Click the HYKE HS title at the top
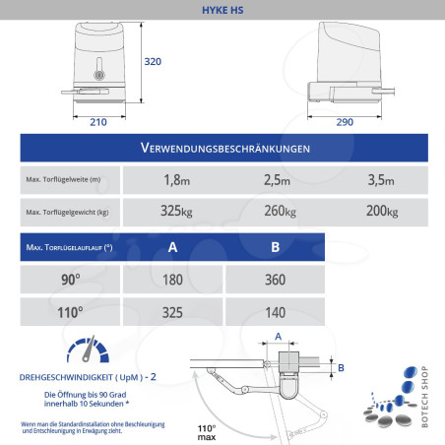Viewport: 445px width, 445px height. (x=222, y=9)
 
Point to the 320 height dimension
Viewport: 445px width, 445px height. (x=153, y=62)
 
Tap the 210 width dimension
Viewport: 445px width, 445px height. (x=97, y=122)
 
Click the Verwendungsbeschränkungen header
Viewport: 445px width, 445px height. (x=226, y=149)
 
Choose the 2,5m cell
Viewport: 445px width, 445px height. (x=278, y=180)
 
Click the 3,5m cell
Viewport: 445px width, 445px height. (x=379, y=180)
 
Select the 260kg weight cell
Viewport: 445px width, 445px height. (x=278, y=212)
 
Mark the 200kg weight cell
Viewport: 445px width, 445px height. (x=379, y=212)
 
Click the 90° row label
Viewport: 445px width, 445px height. (x=71, y=279)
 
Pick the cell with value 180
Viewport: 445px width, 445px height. (x=173, y=279)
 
